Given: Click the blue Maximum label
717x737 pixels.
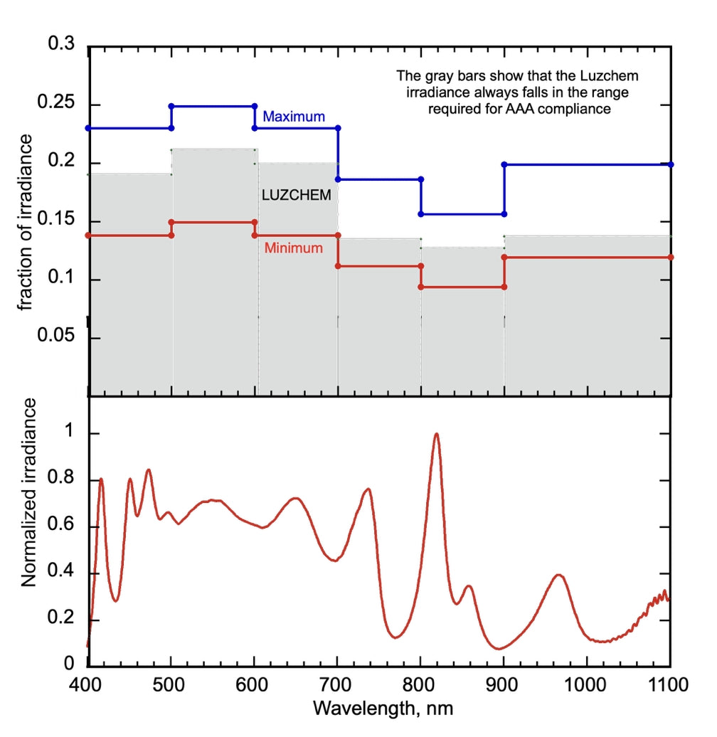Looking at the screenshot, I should [293, 116].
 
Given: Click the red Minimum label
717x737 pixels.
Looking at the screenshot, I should [293, 248].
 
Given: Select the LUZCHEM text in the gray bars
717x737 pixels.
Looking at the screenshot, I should [297, 194].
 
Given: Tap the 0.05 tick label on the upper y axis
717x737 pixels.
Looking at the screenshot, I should [61, 336].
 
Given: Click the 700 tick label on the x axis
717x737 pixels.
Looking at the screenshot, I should [337, 686].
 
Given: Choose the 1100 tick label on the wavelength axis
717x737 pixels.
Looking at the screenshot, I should [669, 686].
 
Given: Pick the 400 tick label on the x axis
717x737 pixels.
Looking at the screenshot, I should [88, 686].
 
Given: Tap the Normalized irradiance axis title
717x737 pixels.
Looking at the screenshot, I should [28, 492].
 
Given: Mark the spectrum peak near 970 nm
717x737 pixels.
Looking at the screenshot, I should [559, 575].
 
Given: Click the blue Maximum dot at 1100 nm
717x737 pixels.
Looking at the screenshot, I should [671, 164].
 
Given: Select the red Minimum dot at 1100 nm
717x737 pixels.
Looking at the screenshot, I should [671, 257].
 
